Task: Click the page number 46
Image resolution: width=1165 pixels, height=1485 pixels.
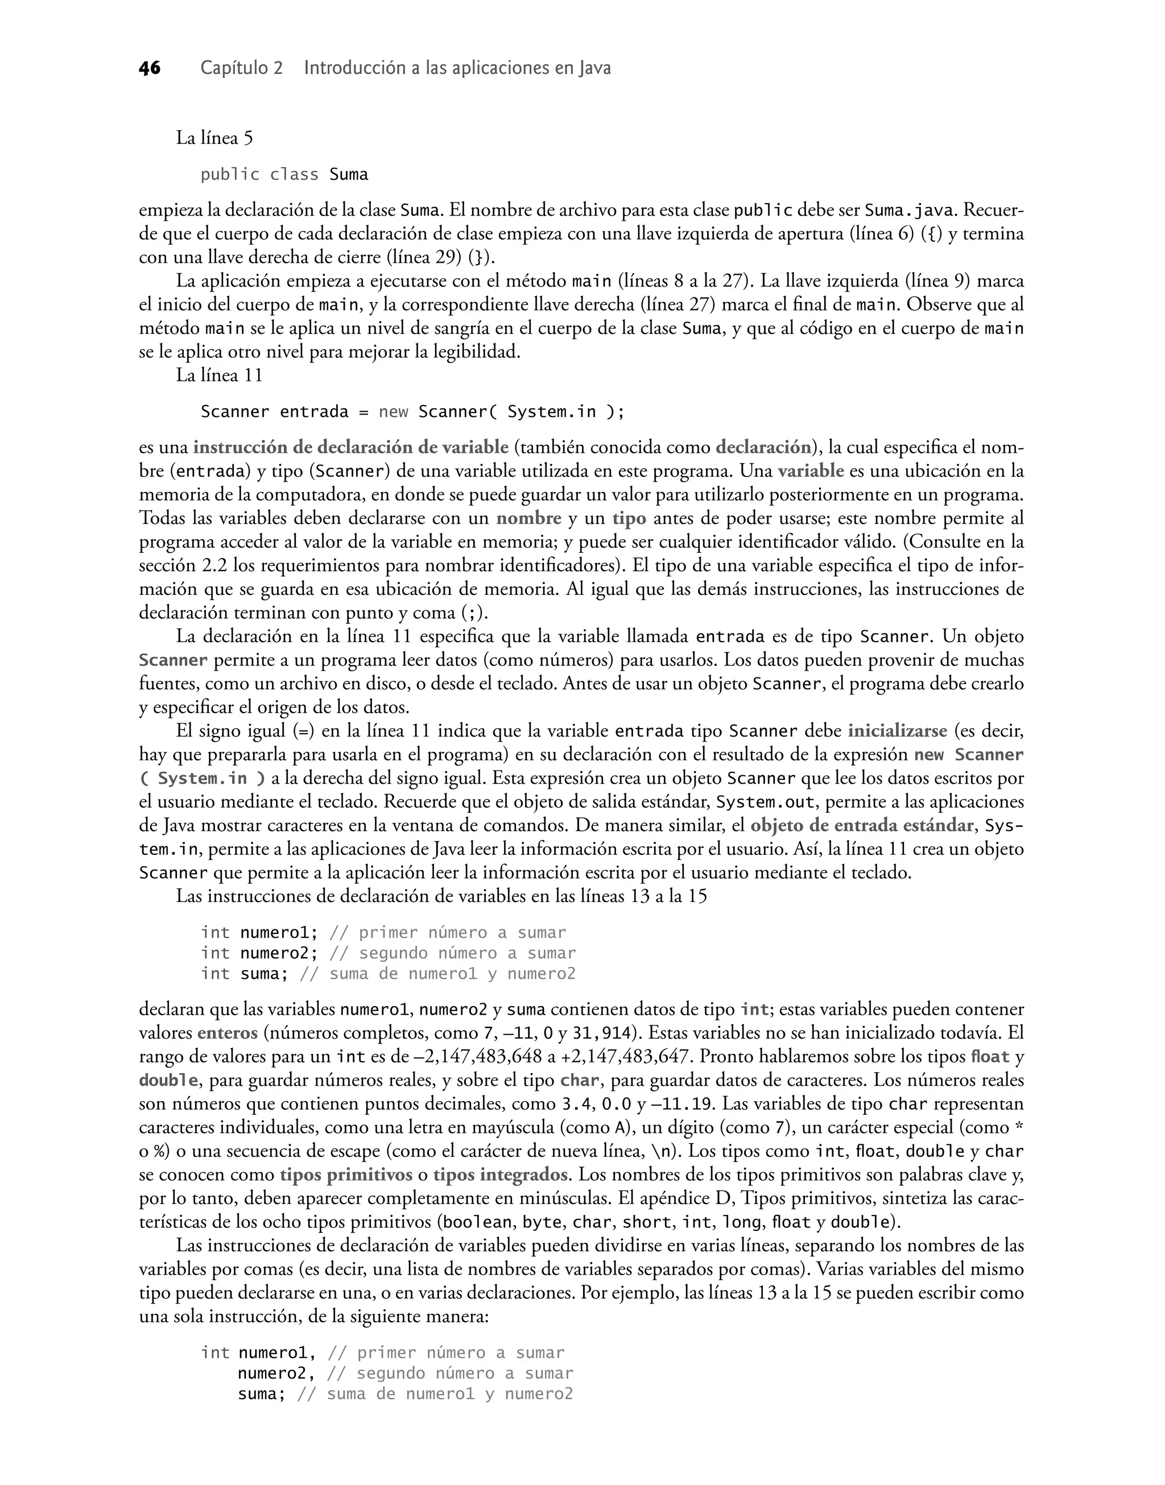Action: tap(150, 68)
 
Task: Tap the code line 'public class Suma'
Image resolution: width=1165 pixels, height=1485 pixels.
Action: tap(284, 175)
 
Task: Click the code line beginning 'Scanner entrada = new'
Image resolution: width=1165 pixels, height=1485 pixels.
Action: tap(412, 412)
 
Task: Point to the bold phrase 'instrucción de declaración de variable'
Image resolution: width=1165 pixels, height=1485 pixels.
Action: tap(350, 447)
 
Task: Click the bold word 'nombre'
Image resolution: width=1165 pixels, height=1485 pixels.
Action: tap(528, 518)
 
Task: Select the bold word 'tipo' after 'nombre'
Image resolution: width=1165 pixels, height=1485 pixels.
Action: tap(629, 518)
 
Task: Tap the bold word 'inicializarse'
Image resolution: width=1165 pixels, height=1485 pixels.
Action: tap(898, 731)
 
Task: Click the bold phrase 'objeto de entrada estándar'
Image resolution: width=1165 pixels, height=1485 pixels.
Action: tap(861, 826)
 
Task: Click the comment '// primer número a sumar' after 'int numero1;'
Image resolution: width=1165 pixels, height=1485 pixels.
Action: tap(448, 933)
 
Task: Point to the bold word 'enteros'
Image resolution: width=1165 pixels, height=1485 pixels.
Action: tap(227, 1033)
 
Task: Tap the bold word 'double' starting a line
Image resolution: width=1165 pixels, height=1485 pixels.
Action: tap(168, 1081)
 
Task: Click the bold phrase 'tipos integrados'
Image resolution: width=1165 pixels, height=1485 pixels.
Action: tap(500, 1175)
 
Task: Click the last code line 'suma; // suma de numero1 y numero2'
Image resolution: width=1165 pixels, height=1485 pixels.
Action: tap(405, 1395)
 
